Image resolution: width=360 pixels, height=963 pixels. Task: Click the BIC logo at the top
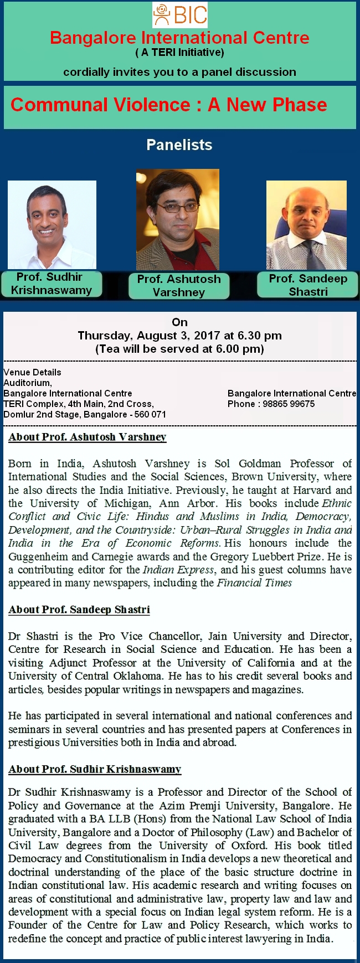click(180, 15)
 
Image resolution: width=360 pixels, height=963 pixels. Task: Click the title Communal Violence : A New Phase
click(169, 105)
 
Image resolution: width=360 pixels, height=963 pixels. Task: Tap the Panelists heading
click(179, 145)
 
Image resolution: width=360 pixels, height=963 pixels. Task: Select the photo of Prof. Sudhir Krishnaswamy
click(52, 224)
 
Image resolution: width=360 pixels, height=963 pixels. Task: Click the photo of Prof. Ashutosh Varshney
click(178, 219)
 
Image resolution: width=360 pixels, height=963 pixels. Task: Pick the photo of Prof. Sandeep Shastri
click(306, 225)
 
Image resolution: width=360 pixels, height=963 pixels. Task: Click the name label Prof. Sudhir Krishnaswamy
click(52, 284)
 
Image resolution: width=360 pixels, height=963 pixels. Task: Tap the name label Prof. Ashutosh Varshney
click(179, 286)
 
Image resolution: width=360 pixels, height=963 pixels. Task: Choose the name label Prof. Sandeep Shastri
click(308, 285)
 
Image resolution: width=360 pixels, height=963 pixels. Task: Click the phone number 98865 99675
click(289, 404)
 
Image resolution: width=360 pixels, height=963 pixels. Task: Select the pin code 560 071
click(150, 414)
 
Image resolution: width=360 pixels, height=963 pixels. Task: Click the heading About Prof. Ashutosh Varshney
click(88, 437)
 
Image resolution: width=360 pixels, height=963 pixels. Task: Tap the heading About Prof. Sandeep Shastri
click(79, 610)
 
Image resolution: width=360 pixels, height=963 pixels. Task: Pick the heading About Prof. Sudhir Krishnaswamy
click(95, 769)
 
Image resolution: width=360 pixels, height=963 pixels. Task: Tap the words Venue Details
click(33, 372)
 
